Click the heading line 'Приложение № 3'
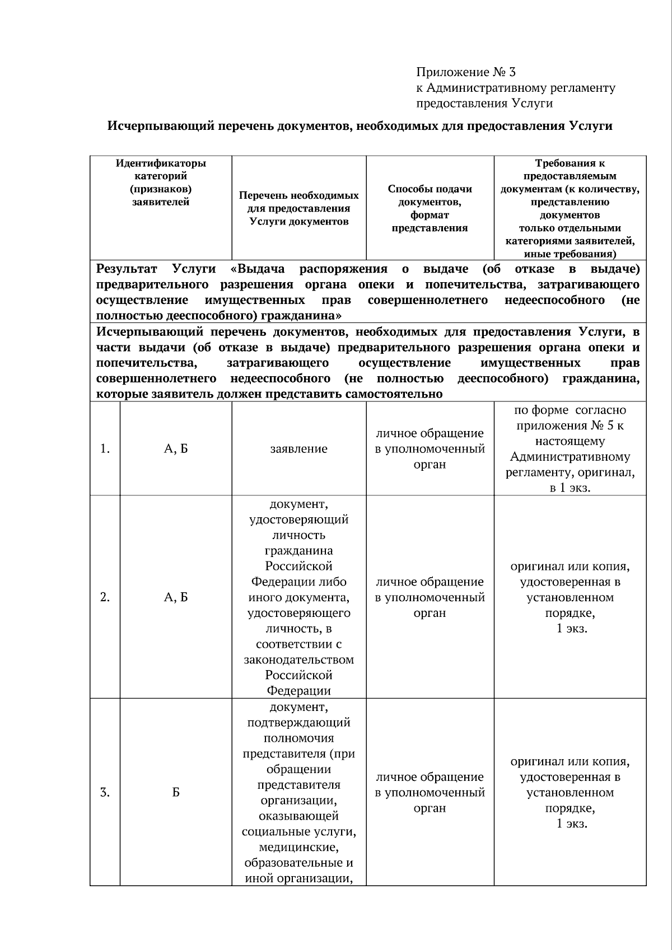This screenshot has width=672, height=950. click(x=465, y=72)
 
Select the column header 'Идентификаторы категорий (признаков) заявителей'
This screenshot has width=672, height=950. click(x=161, y=182)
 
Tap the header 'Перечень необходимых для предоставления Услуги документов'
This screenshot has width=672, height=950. click(x=298, y=208)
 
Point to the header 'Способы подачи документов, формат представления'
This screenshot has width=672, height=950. click(x=430, y=208)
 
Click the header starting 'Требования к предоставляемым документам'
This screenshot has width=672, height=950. click(x=570, y=208)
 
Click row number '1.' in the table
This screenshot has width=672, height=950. click(x=105, y=449)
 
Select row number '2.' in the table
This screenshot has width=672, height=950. click(x=105, y=597)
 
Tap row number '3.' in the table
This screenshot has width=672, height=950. click(x=105, y=793)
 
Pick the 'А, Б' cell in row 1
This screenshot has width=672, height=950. click(x=176, y=449)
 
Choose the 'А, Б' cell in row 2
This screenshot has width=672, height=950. click(x=176, y=597)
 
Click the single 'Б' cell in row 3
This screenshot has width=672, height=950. click(x=176, y=793)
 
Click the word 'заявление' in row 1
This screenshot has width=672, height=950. click(x=298, y=449)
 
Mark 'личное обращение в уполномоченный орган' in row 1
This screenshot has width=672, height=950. click(x=430, y=449)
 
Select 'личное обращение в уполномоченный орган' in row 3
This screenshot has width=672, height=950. click(x=430, y=793)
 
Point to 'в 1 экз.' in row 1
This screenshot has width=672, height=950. click(x=570, y=488)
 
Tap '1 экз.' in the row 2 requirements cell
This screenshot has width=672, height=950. click(x=572, y=629)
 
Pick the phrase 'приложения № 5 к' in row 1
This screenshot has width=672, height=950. click(x=570, y=425)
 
